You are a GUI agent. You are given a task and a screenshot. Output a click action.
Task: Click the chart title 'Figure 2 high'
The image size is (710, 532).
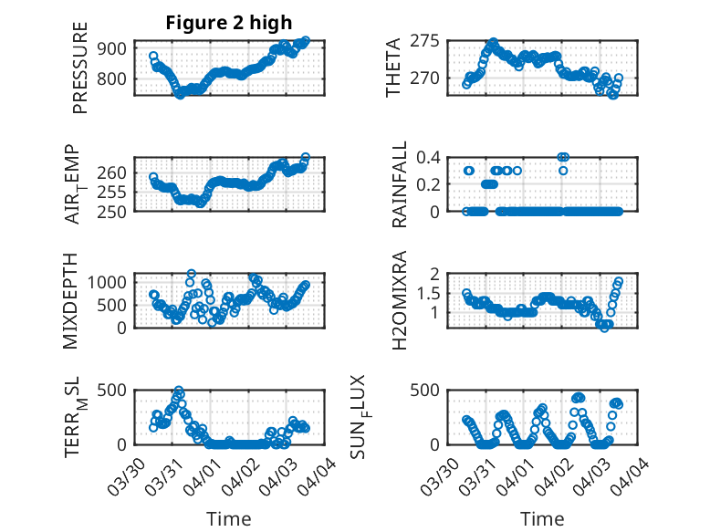pyautogui.click(x=229, y=23)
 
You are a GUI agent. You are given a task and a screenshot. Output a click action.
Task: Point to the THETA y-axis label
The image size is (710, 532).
pyautogui.click(x=393, y=68)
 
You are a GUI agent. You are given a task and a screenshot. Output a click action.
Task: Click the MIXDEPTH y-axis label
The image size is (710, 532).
pyautogui.click(x=72, y=300)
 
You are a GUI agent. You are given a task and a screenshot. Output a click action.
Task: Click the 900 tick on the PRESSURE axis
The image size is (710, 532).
pyautogui.click(x=115, y=48)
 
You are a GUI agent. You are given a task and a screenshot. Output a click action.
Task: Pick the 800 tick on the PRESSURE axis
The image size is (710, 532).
pyautogui.click(x=115, y=78)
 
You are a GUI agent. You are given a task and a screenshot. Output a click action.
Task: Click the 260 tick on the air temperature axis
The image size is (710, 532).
pyautogui.click(x=115, y=172)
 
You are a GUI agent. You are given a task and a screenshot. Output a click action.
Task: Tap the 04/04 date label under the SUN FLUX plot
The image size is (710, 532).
pyautogui.click(x=638, y=472)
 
